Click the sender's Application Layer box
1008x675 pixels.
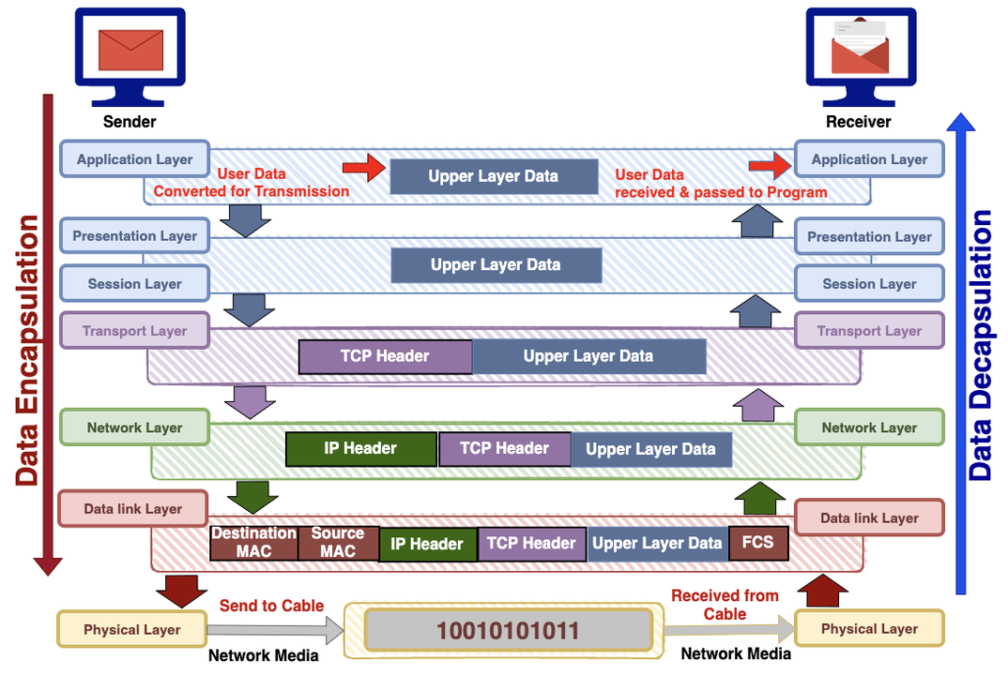(x=134, y=159)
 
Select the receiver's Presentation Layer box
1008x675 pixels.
(x=869, y=237)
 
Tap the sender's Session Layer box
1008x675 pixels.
(x=134, y=284)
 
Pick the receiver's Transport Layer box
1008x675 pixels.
(x=869, y=331)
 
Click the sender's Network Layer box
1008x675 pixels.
(x=134, y=427)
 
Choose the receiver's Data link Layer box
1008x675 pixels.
(x=869, y=517)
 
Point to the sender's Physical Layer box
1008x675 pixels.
(x=131, y=629)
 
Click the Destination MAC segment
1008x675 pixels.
(x=253, y=543)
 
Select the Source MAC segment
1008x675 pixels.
(x=338, y=543)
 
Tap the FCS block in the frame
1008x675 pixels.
(x=758, y=542)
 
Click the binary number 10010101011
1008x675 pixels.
(x=508, y=630)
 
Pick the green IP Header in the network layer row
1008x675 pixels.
(x=361, y=449)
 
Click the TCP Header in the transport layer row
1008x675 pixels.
(x=385, y=356)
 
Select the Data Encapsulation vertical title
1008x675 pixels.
(x=27, y=352)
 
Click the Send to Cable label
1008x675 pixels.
(x=271, y=606)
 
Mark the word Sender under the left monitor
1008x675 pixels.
(x=130, y=122)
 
